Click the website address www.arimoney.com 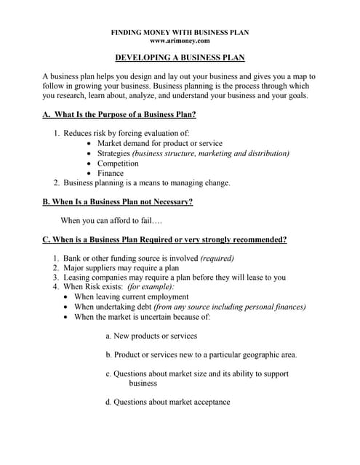pos(180,41)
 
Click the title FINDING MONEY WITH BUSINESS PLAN pos(180,32)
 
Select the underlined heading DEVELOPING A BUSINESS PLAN pos(180,58)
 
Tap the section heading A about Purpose pos(119,115)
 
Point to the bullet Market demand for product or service pos(159,143)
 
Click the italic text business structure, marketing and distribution pos(210,153)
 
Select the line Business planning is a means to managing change pos(146,183)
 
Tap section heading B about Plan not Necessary pos(117,201)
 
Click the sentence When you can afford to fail pos(111,220)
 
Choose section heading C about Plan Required pos(164,239)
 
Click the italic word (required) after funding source pos(217,258)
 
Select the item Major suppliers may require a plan pos(121,267)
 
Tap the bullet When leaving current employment pos(131,296)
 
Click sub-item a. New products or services pos(151,336)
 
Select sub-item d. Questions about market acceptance pos(167,402)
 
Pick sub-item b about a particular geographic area pos(201,355)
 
